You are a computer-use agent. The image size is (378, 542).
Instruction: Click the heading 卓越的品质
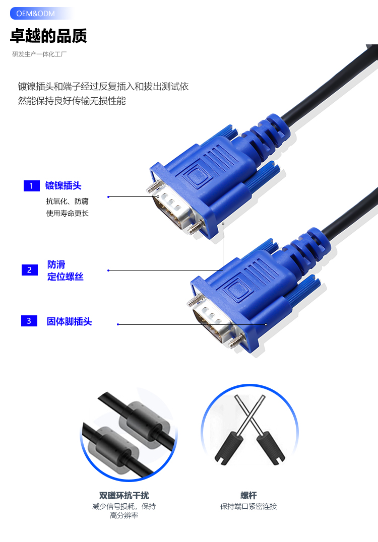point(48,36)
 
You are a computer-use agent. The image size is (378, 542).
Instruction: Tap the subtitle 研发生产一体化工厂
point(39,54)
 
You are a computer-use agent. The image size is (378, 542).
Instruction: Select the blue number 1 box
point(31,186)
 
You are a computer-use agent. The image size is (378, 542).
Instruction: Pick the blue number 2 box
point(29,270)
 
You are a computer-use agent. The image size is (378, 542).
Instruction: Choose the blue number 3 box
point(29,321)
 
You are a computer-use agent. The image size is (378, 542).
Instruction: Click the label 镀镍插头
point(64,186)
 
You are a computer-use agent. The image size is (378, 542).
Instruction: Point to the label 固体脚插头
point(69,321)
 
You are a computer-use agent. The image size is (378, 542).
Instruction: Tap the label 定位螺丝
point(66,277)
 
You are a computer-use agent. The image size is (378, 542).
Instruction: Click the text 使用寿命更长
point(68,213)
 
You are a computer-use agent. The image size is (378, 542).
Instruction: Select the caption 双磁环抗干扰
point(124,495)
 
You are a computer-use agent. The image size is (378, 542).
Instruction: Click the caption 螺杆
point(248,495)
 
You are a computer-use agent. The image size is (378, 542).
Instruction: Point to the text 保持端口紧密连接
point(248,506)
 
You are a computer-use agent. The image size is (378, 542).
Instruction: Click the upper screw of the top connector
point(153,187)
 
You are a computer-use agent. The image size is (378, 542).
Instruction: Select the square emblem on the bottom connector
point(236,289)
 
